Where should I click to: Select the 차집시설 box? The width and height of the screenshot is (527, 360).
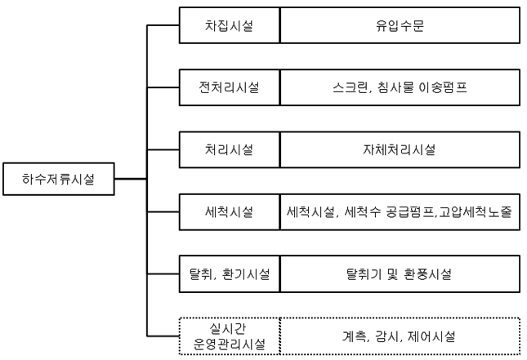tap(229, 25)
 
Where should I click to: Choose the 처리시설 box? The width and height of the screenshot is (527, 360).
tap(229, 149)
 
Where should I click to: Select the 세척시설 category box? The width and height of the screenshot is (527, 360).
tap(229, 211)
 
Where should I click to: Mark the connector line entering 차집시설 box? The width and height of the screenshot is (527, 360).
tap(162, 25)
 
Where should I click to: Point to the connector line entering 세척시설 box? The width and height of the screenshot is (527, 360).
tap(162, 211)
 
